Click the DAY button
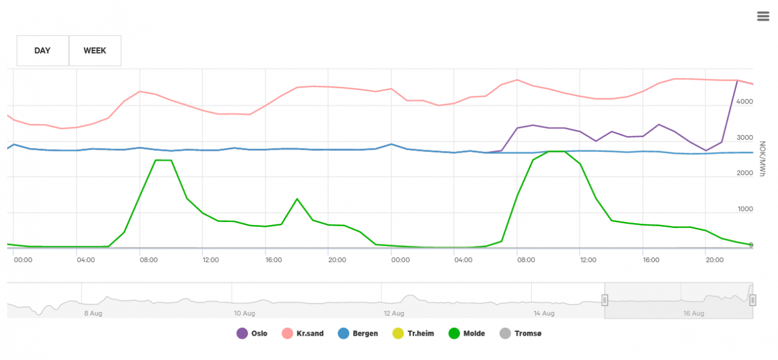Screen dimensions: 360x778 click(x=43, y=50)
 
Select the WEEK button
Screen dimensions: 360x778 click(x=95, y=50)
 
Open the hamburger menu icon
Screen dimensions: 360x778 click(x=763, y=16)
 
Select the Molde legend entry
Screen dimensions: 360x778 click(x=473, y=333)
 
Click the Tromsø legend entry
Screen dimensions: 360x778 click(x=528, y=333)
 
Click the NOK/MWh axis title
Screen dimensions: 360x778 click(x=763, y=160)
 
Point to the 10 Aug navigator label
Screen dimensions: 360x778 click(x=244, y=313)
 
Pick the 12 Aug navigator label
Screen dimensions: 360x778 click(x=394, y=313)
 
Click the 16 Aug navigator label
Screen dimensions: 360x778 click(x=694, y=313)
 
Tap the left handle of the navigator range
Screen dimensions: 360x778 click(x=605, y=300)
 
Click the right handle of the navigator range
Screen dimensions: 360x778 click(x=752, y=300)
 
